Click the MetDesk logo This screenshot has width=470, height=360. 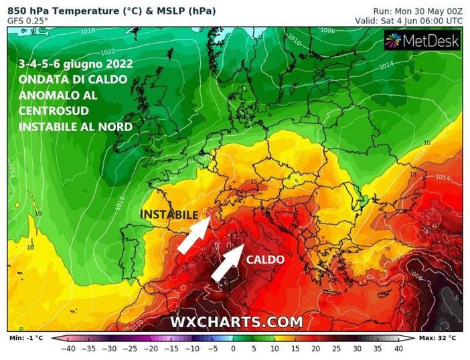422,41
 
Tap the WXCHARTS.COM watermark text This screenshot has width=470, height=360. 236,322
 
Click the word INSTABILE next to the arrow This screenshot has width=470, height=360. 169,215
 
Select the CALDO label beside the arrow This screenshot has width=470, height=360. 266,260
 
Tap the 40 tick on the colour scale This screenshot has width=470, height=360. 398,349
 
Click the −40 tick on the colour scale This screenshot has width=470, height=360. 67,349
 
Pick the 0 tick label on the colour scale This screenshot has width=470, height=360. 233,349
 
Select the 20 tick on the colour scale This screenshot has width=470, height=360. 315,349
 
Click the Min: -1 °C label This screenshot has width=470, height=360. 25,338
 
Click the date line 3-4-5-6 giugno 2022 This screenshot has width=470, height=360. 76,64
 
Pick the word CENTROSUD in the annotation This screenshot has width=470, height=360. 51,110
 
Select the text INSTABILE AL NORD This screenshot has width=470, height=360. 76,126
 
